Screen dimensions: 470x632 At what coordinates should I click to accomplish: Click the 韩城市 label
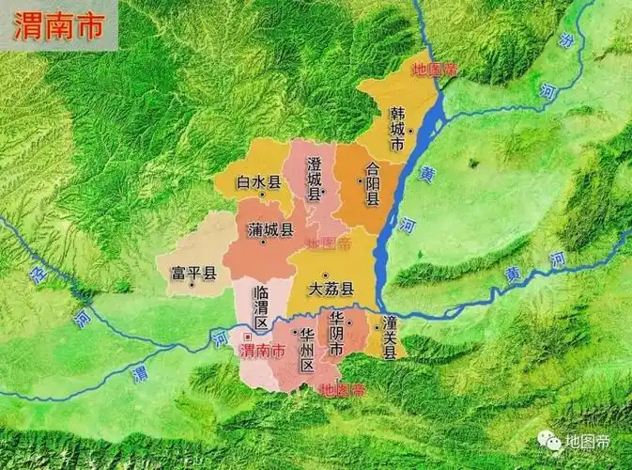click(x=398, y=130)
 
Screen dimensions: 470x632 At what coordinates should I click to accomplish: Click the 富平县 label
click(x=193, y=274)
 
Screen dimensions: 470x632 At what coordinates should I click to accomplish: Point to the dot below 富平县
click(x=193, y=288)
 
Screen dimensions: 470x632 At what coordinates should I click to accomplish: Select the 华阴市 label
click(x=336, y=334)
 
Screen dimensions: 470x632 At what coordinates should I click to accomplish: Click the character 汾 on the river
click(x=565, y=40)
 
